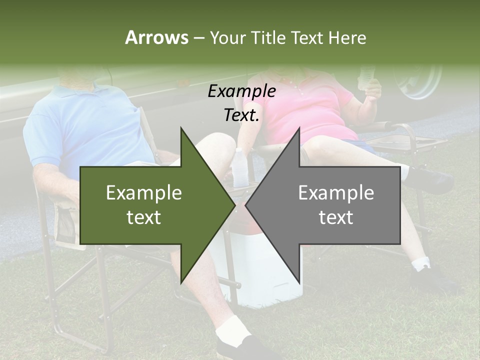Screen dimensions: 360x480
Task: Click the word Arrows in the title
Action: [x=156, y=37]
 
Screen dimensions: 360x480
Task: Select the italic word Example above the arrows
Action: [x=241, y=91]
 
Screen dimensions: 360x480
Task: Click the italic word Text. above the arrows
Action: [x=241, y=115]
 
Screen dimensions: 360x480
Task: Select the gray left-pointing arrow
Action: [x=330, y=205]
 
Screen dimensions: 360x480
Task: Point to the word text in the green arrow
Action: [x=143, y=217]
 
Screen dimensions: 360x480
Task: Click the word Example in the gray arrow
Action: [x=336, y=193]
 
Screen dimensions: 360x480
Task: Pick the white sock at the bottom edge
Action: [x=233, y=327]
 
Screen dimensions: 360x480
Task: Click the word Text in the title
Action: [x=306, y=37]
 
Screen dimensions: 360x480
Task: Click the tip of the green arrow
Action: [x=234, y=205]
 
